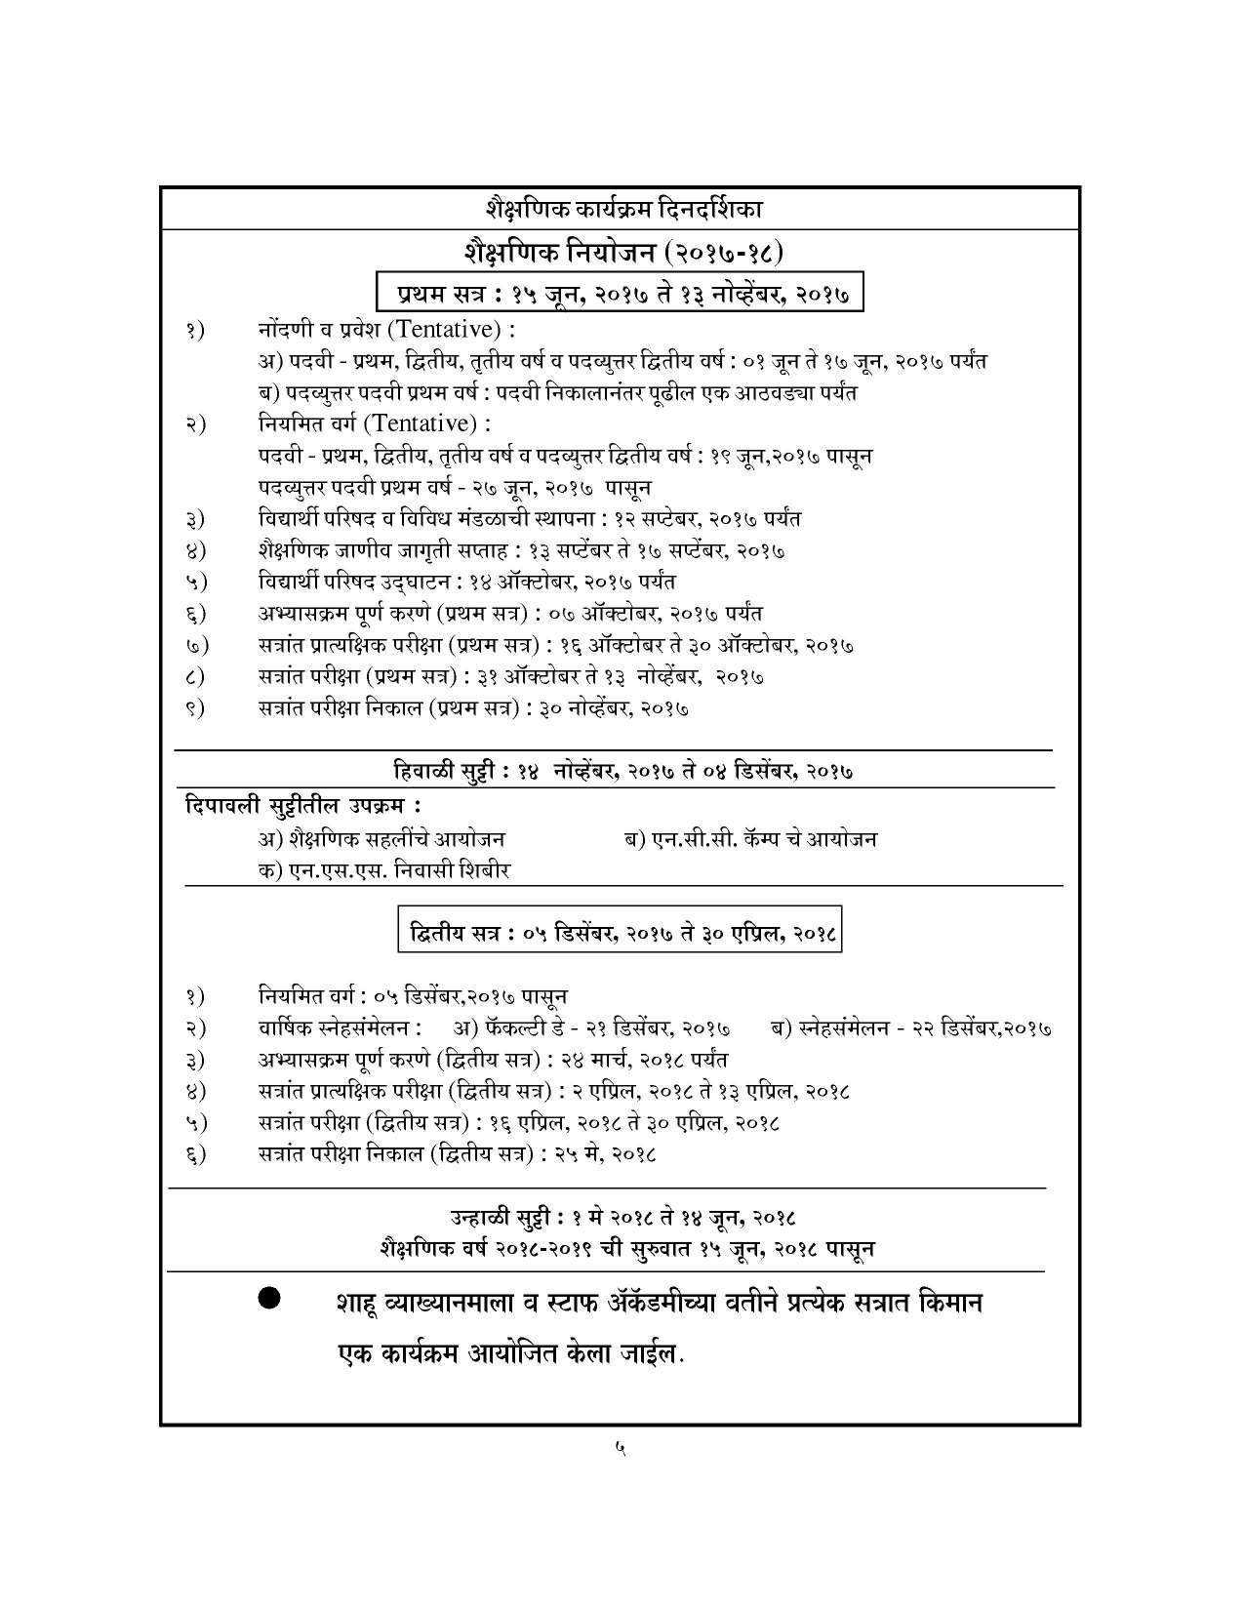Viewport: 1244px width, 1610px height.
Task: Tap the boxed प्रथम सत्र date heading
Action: tap(622, 293)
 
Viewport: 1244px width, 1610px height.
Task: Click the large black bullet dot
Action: tap(269, 1298)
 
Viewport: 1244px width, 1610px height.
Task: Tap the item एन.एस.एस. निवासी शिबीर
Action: tap(384, 869)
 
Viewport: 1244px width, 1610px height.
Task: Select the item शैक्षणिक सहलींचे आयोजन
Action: tap(381, 838)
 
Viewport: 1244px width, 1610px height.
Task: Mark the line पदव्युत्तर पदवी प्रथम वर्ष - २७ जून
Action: tap(455, 487)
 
